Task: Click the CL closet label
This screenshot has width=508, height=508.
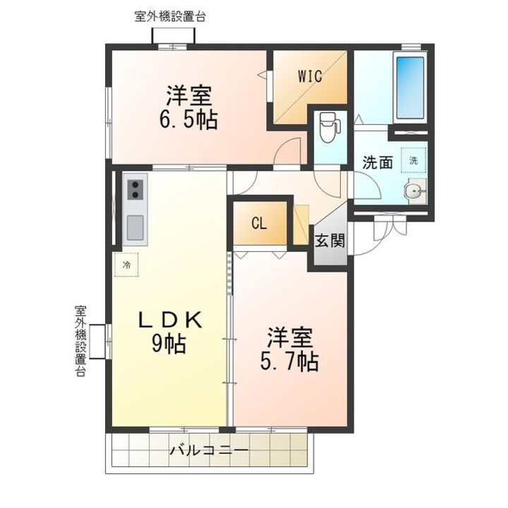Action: coord(259,224)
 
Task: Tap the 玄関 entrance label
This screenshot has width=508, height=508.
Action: coord(329,241)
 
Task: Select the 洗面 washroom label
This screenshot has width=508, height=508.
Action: coord(377,162)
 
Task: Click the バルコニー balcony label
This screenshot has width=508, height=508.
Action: coord(209,450)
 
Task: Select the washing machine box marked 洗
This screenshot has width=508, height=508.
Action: coord(414,159)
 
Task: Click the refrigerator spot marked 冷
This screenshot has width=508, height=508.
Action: coord(128,265)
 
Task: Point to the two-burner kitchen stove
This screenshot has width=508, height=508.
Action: coord(135,190)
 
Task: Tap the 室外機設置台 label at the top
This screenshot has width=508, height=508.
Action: coord(169,16)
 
